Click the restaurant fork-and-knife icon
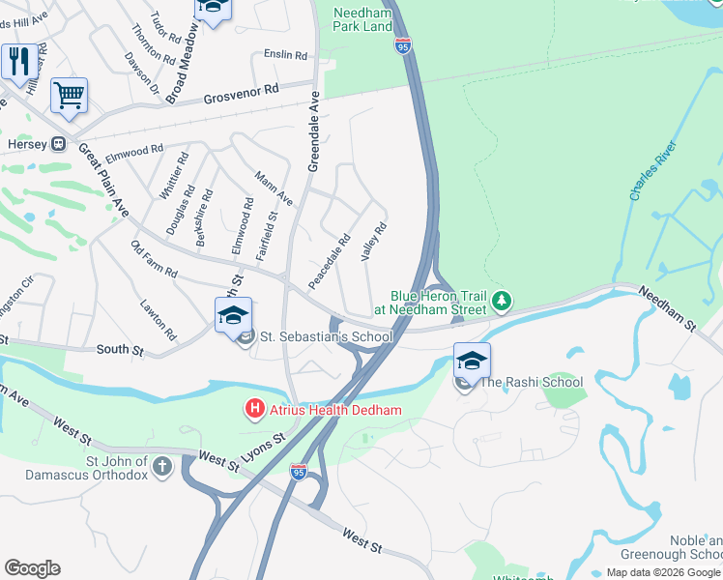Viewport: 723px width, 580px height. click(18, 63)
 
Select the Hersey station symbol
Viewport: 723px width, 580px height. click(59, 144)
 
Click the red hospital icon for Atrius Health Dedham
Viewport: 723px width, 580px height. click(255, 410)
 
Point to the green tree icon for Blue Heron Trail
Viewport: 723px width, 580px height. click(501, 303)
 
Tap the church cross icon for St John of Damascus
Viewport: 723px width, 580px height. click(162, 467)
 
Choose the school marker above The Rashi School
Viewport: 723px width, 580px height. click(471, 362)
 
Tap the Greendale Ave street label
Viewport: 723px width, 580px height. click(313, 131)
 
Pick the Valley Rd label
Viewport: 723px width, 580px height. click(374, 242)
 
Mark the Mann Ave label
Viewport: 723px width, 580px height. click(274, 187)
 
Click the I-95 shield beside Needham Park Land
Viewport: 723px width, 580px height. click(402, 43)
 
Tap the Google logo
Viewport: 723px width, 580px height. click(32, 567)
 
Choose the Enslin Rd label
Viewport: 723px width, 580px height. click(285, 55)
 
